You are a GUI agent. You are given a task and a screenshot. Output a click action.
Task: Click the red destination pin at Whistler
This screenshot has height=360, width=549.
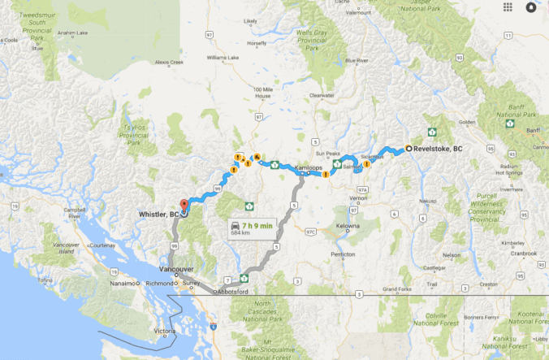tap(184, 204)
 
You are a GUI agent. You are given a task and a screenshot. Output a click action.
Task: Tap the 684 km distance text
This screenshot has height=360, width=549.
tap(241, 233)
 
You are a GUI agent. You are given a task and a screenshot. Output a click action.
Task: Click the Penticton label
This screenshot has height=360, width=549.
tap(344, 254)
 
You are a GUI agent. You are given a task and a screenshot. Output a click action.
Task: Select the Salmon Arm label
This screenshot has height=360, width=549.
tap(356, 166)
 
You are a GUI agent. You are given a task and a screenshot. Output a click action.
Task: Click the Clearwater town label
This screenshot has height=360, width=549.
tap(322, 96)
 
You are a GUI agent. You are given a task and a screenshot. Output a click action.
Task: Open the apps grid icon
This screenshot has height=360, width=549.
tap(508, 7)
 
